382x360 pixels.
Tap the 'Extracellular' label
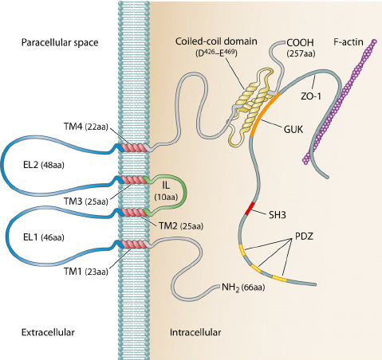click(41, 331)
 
